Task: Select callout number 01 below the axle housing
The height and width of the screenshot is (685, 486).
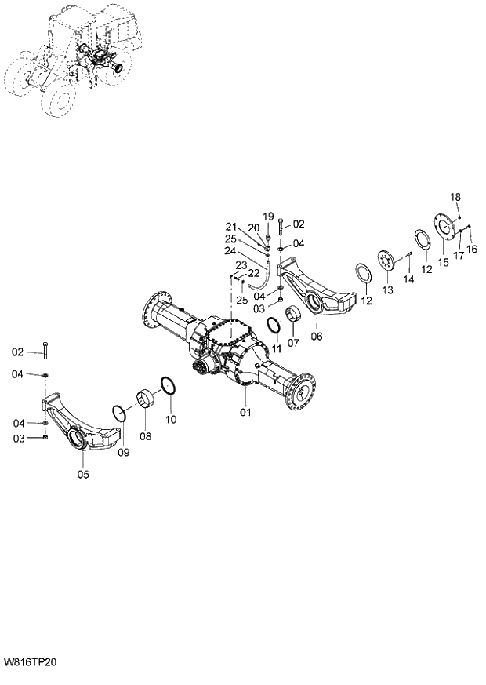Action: (246, 411)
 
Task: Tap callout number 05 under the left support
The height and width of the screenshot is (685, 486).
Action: (82, 473)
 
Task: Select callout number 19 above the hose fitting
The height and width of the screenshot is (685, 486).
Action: (267, 216)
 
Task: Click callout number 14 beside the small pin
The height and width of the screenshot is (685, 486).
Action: (408, 279)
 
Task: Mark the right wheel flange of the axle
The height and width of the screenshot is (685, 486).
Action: (303, 391)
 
